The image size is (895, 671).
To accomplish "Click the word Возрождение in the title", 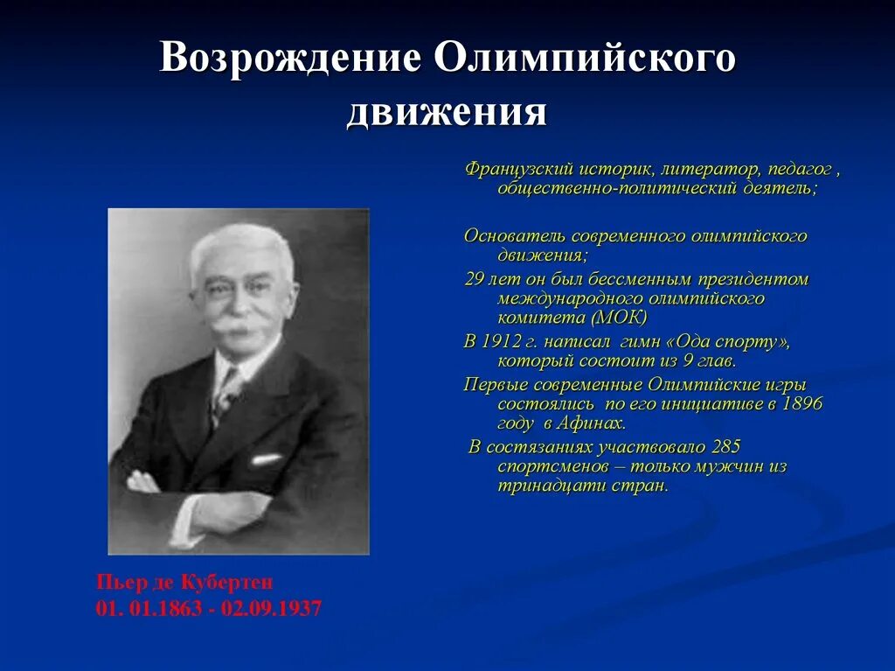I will [289, 59].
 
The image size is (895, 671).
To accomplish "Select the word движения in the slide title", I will [447, 113].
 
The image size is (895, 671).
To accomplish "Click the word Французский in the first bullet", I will [517, 168].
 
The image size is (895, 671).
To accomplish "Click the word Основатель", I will [514, 236].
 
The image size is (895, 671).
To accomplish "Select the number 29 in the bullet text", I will [473, 279].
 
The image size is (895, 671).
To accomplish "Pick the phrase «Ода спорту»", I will [722, 341].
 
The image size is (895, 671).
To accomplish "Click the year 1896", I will [803, 403].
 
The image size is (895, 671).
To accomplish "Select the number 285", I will [727, 446].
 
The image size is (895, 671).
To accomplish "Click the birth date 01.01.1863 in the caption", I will [145, 608].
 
